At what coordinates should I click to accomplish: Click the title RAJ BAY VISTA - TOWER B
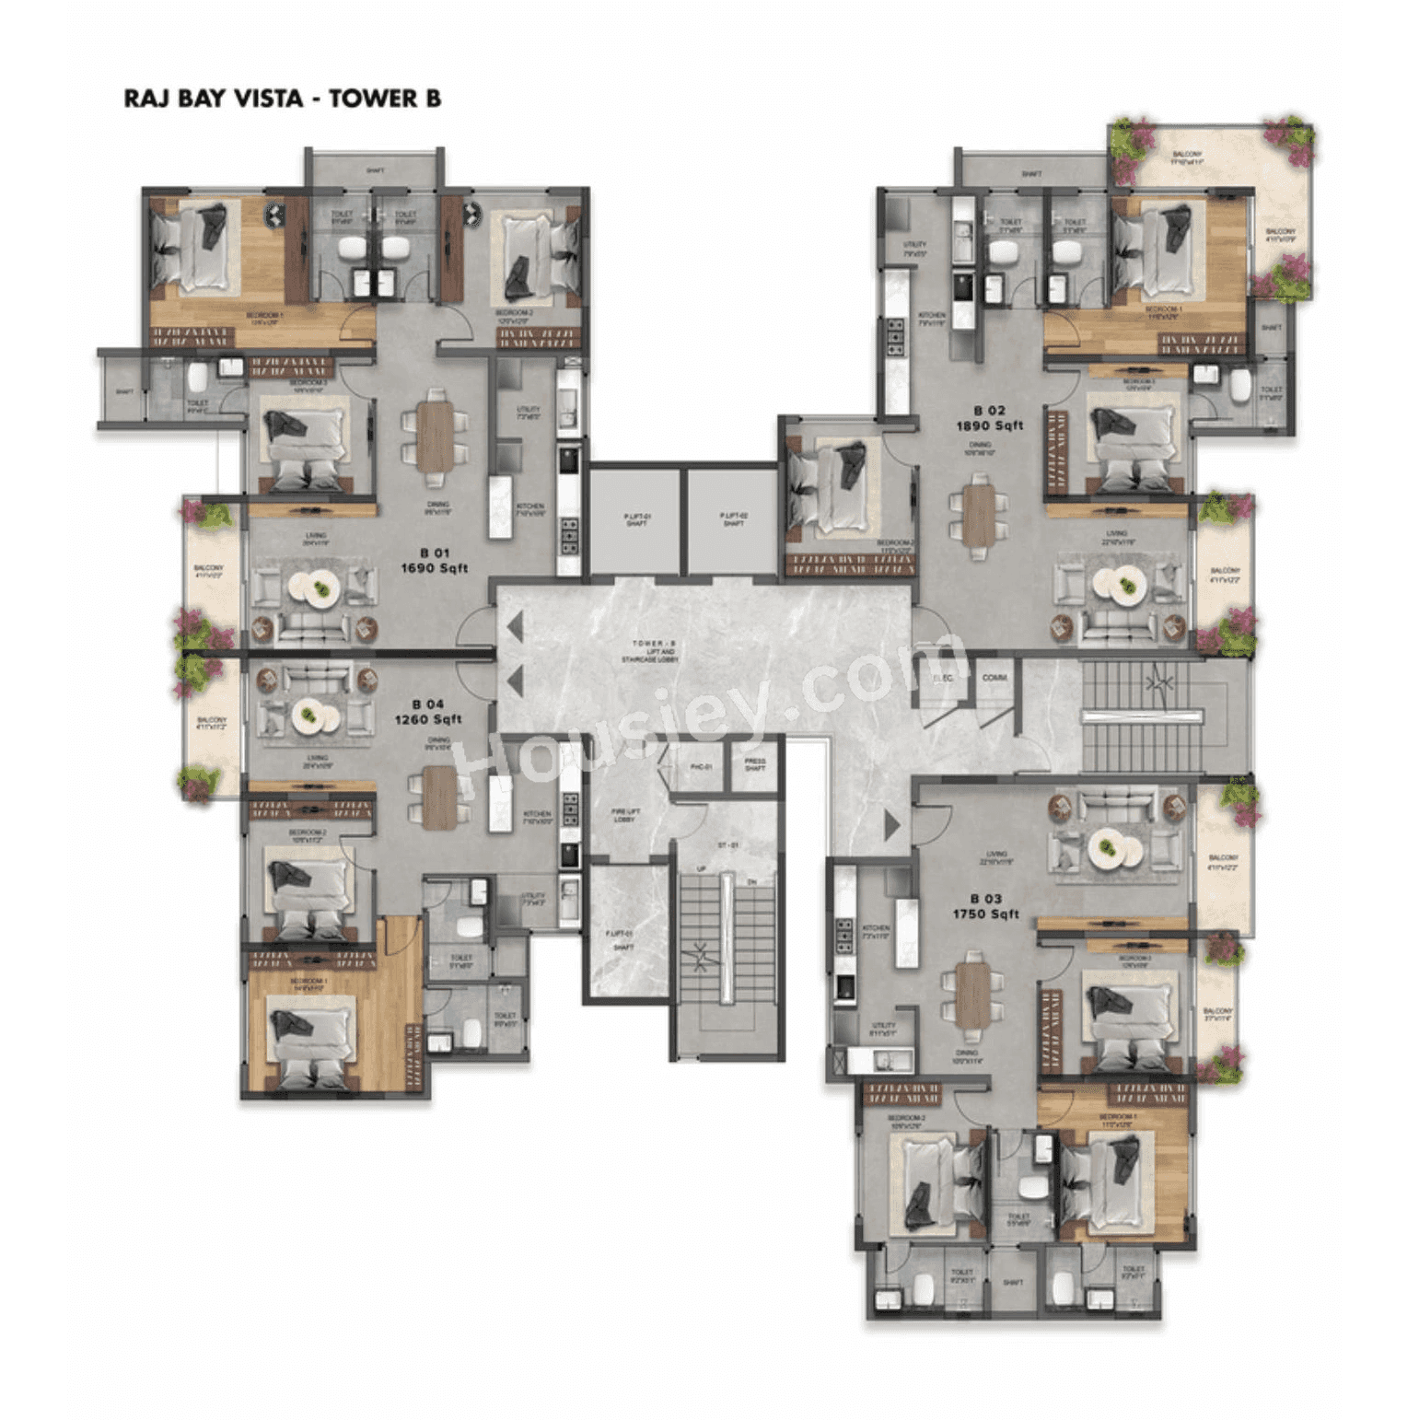(282, 99)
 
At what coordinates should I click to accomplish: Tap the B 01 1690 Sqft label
(434, 561)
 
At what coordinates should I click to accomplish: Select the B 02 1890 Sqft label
(989, 418)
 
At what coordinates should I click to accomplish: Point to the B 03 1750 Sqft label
(985, 906)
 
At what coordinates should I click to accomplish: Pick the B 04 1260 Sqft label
(428, 712)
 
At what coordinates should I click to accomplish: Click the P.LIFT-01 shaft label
(636, 520)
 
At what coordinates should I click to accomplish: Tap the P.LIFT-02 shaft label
(733, 520)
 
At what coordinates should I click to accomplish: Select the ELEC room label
(942, 679)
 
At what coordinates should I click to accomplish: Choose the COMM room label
(994, 678)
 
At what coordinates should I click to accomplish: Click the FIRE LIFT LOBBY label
(625, 815)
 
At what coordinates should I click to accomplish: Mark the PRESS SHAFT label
(754, 765)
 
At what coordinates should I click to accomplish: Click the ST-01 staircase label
(727, 845)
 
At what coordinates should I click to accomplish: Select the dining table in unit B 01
(434, 437)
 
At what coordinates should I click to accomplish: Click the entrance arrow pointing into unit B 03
(890, 825)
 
